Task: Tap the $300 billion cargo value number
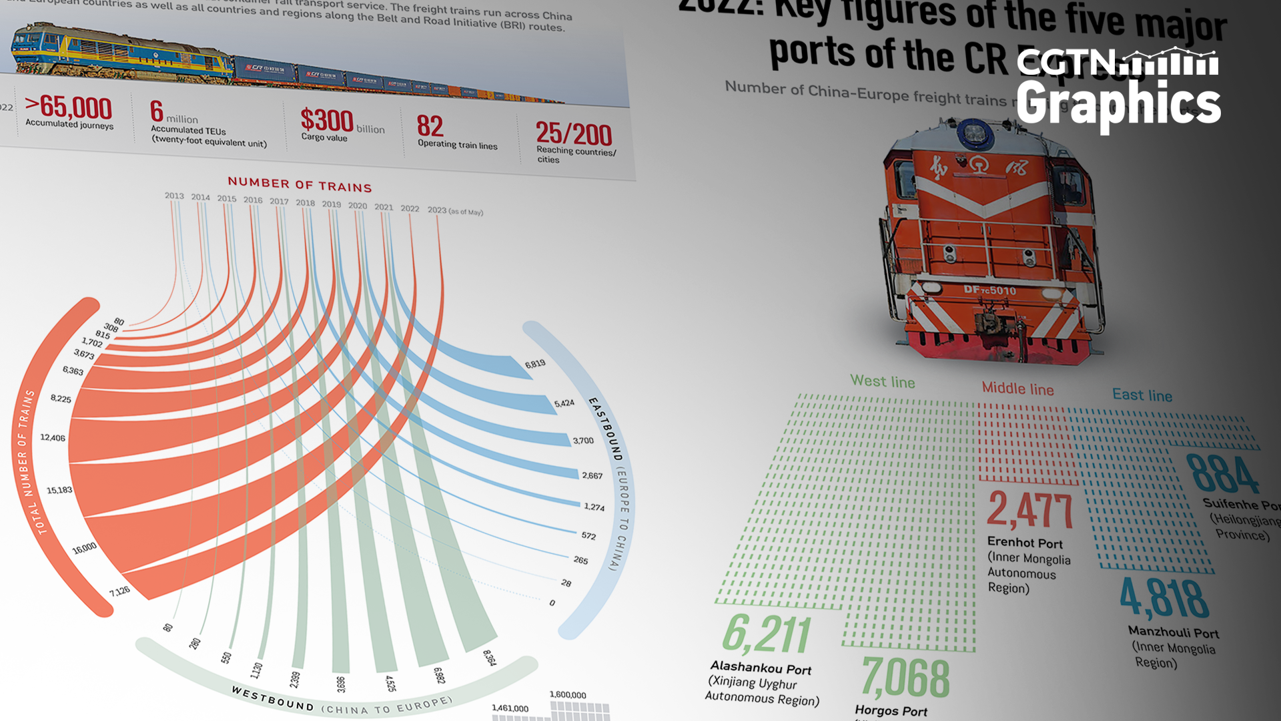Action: (x=327, y=121)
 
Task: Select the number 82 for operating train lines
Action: (x=430, y=126)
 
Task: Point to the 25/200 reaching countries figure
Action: (x=574, y=134)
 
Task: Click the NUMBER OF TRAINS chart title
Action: (x=300, y=184)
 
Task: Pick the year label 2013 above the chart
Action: (x=174, y=196)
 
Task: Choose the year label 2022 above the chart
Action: (x=410, y=208)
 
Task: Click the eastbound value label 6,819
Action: (x=535, y=364)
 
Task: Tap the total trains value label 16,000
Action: (x=85, y=548)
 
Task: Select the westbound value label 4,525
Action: (x=390, y=683)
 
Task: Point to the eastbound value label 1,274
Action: (x=594, y=507)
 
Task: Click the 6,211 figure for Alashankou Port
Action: (x=767, y=634)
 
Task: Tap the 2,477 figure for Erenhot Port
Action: (x=1029, y=510)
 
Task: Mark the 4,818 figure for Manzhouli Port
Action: (x=1164, y=598)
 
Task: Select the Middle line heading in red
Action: (x=1017, y=389)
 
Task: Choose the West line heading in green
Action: (x=882, y=381)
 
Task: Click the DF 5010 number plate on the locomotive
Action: (x=989, y=290)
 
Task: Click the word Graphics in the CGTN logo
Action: (x=1118, y=103)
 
